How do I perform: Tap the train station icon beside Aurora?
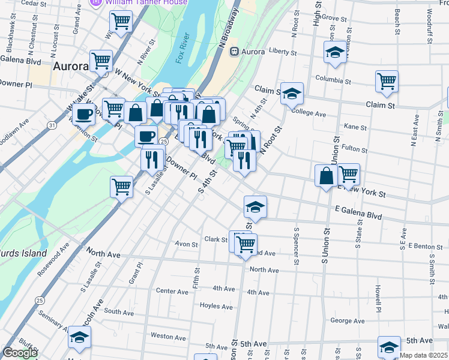(234, 52)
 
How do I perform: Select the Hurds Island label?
(23, 253)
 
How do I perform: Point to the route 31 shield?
(53, 125)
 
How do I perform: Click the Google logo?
(19, 353)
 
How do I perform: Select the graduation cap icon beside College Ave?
(292, 93)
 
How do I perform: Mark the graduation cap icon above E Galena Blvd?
(255, 207)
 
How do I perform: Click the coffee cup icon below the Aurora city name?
(83, 113)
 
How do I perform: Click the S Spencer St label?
(296, 245)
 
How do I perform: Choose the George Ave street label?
(347, 321)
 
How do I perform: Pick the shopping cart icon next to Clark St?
(246, 244)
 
